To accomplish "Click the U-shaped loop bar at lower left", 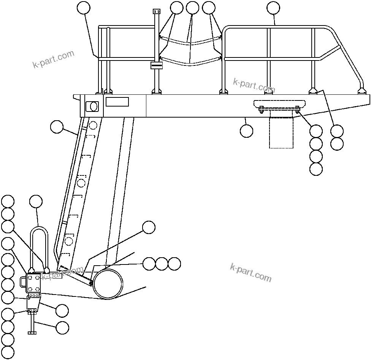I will point(38,229).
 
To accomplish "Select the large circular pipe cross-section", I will point(108,284).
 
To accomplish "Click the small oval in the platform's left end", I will point(92,106).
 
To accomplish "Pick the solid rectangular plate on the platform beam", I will point(117,102).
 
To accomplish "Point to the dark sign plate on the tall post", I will point(157,65).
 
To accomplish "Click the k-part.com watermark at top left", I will point(53,59).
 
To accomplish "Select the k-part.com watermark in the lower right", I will point(251,272).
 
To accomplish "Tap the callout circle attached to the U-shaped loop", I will point(36,202).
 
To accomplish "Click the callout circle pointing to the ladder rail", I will point(57,127).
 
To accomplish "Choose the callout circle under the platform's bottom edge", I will point(246,131).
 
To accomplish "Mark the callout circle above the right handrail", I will point(273,8).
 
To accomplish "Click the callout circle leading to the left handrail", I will point(84,8).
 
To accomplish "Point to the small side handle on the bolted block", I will point(23,282).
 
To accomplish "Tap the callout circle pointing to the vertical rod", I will point(62,327).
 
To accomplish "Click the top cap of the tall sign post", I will point(155,11).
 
